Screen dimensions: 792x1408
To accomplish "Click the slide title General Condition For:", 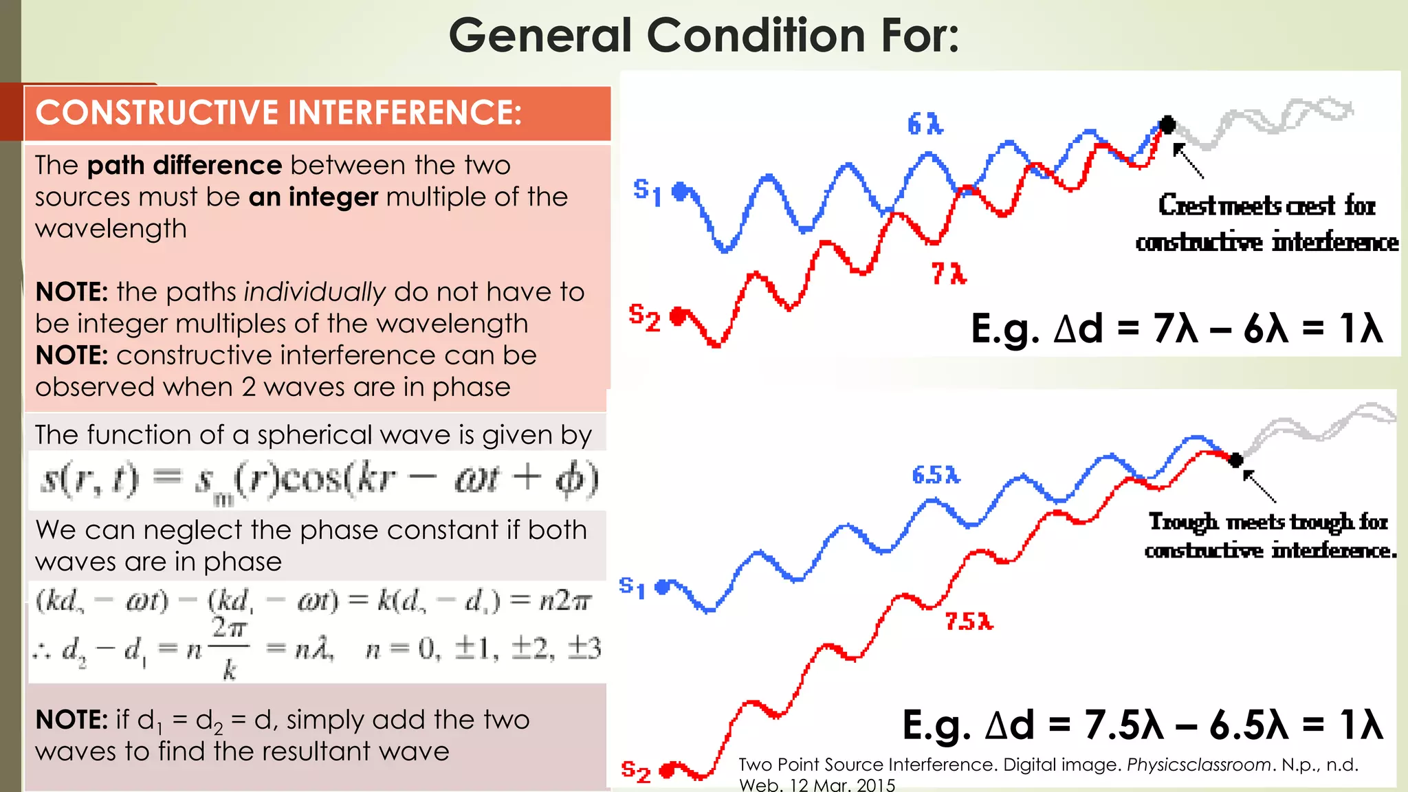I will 703,36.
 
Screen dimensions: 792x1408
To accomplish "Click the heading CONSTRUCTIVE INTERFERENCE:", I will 278,113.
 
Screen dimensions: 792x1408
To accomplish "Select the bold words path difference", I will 184,166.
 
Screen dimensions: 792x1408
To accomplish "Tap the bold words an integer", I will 313,197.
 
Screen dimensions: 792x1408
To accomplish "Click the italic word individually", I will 315,292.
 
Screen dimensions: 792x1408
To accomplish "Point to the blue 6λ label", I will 925,124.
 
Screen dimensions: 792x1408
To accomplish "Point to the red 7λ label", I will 949,274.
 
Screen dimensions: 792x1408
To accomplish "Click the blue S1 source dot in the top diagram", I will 680,191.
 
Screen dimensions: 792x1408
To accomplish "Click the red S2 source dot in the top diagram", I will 678,316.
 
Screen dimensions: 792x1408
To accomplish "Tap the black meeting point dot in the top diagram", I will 1167,124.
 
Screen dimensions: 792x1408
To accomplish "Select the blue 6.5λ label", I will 935,475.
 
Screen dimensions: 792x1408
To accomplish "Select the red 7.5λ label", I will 969,621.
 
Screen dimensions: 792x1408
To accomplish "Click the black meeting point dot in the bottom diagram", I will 1235,459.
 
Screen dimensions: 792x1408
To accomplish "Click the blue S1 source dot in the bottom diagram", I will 663,587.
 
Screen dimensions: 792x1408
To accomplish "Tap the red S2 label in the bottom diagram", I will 635,771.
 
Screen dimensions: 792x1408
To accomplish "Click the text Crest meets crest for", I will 1266,206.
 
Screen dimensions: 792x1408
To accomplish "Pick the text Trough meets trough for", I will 1268,522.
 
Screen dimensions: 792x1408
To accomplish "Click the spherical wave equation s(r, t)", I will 318,480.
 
